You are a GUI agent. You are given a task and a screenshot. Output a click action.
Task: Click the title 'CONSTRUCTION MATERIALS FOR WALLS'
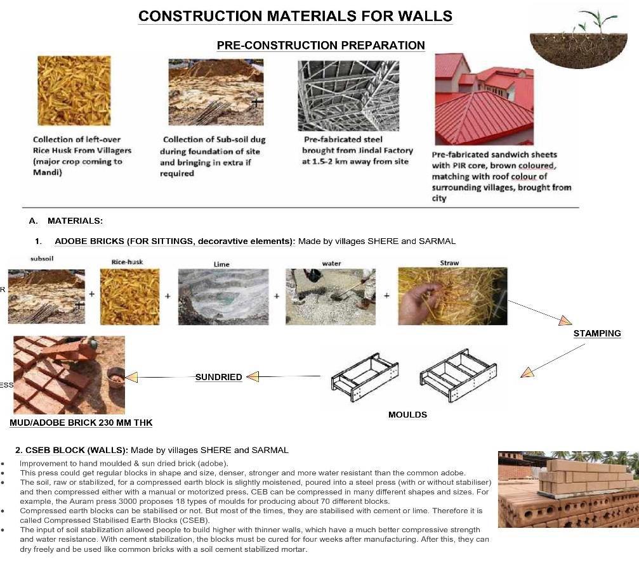pyautogui.click(x=295, y=16)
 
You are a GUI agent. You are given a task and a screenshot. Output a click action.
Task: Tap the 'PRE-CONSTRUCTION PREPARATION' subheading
pyautogui.click(x=320, y=45)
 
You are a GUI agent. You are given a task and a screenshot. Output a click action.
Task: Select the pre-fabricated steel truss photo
pyautogui.click(x=348, y=96)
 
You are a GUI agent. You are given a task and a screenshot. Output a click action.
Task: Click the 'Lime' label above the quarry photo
pyautogui.click(x=221, y=264)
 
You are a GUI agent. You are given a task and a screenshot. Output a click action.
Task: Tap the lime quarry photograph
pyautogui.click(x=223, y=297)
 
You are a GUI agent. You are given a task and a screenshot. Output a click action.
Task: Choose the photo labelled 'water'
pyautogui.click(x=330, y=297)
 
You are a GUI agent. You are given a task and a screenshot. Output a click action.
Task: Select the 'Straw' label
pyautogui.click(x=449, y=262)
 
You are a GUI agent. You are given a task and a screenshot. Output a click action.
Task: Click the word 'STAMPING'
pyautogui.click(x=596, y=333)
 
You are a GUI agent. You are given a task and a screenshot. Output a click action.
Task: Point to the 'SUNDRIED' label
pyautogui.click(x=218, y=377)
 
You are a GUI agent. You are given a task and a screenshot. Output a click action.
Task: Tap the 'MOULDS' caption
pyautogui.click(x=407, y=415)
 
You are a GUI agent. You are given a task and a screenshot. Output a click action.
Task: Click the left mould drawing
pyautogui.click(x=365, y=374)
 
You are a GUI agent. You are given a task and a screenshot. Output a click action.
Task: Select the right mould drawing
pyautogui.click(x=452, y=374)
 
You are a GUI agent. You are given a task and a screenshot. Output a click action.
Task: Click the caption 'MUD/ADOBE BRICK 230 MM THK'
pyautogui.click(x=81, y=423)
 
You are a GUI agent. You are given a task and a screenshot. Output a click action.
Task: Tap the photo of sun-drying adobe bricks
pyautogui.click(x=69, y=374)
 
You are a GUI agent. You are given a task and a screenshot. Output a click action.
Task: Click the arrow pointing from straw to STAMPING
pyautogui.click(x=539, y=311)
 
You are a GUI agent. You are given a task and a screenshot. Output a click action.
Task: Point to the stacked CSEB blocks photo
pyautogui.click(x=568, y=489)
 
